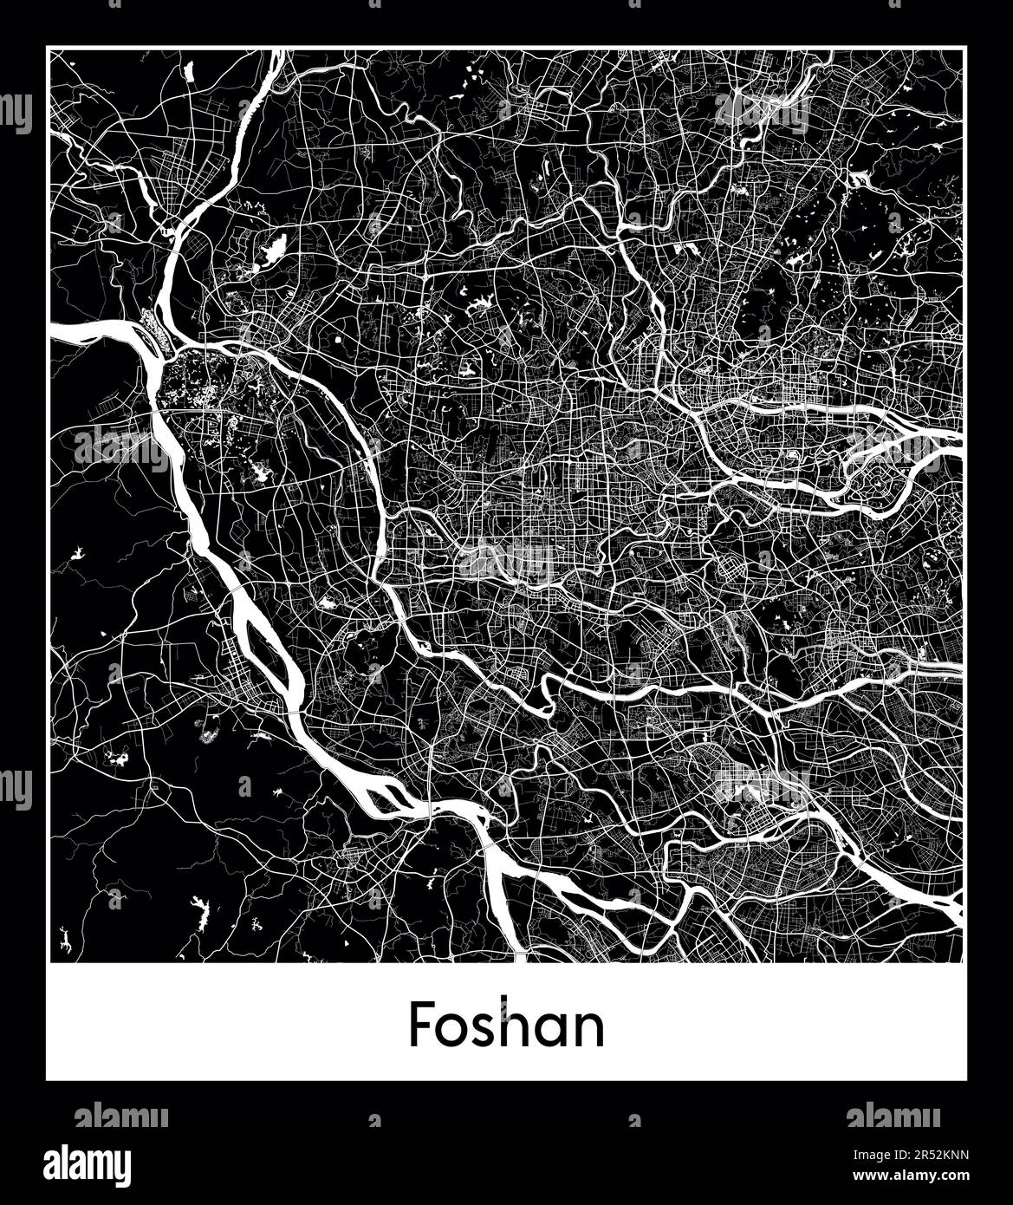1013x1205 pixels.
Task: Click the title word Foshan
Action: coord(506,1025)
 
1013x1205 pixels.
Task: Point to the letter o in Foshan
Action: coord(454,1030)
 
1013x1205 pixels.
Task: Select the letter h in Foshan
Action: coord(519,1025)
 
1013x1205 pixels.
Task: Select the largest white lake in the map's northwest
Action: coord(270,254)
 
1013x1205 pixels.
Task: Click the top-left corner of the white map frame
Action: coord(49,49)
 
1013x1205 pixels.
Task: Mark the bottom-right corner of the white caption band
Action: coord(965,1079)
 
